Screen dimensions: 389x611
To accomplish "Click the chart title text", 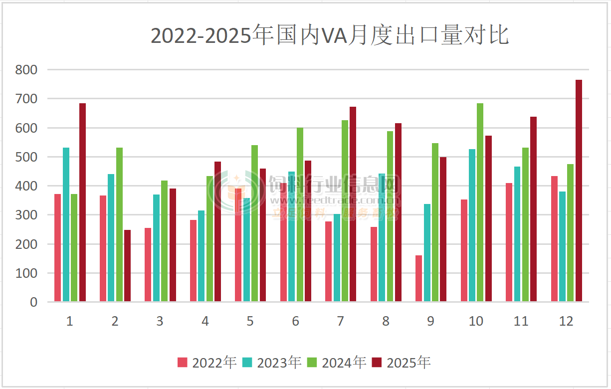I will (x=329, y=36).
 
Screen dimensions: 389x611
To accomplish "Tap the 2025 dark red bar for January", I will (x=82, y=202).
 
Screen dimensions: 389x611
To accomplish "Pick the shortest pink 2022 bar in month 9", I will (x=418, y=278).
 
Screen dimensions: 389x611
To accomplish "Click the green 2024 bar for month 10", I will (x=480, y=202).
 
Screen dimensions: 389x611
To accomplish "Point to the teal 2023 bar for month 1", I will (x=66, y=224).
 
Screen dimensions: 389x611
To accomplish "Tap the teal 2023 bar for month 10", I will (x=472, y=225).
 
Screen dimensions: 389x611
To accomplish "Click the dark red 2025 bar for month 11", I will (x=533, y=209).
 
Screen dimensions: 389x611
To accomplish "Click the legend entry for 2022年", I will (x=206, y=363).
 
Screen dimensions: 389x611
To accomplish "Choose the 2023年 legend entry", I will (x=271, y=363).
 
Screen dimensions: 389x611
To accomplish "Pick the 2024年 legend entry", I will (x=336, y=363).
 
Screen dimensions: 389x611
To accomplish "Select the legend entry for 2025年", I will (x=401, y=363).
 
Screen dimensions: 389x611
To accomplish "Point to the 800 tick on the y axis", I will (x=26, y=70).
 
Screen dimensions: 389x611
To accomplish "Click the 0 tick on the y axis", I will (x=33, y=302).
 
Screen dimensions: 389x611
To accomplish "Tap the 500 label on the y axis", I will (x=26, y=157).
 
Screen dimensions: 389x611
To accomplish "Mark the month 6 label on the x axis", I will (x=295, y=321).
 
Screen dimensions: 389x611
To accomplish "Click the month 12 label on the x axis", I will (x=566, y=321).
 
